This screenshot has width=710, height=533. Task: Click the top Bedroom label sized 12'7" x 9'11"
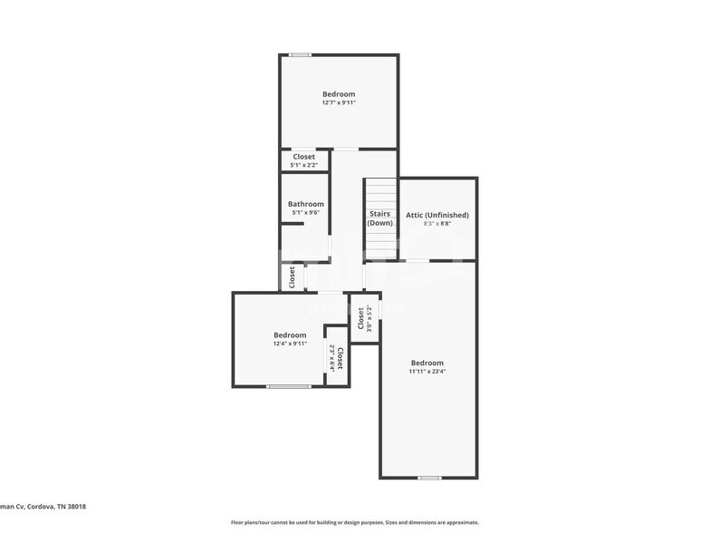pyautogui.click(x=339, y=94)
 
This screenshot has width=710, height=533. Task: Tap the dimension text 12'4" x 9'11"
pyautogui.click(x=290, y=344)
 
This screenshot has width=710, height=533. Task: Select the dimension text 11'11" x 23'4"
pyautogui.click(x=427, y=371)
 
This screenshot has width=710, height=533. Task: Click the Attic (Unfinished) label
pyautogui.click(x=437, y=215)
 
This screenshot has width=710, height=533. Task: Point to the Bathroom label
pyautogui.click(x=306, y=204)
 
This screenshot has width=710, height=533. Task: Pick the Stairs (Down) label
pyautogui.click(x=379, y=218)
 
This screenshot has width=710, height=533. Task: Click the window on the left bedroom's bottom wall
pyautogui.click(x=288, y=387)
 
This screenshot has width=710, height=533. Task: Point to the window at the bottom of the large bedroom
pyautogui.click(x=429, y=477)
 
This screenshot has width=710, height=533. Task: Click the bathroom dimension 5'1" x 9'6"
pyautogui.click(x=306, y=213)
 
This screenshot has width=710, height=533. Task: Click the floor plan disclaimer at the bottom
pyautogui.click(x=354, y=522)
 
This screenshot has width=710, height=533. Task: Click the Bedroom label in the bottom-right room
pyautogui.click(x=427, y=363)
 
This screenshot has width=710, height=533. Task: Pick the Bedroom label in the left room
pyautogui.click(x=290, y=335)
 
